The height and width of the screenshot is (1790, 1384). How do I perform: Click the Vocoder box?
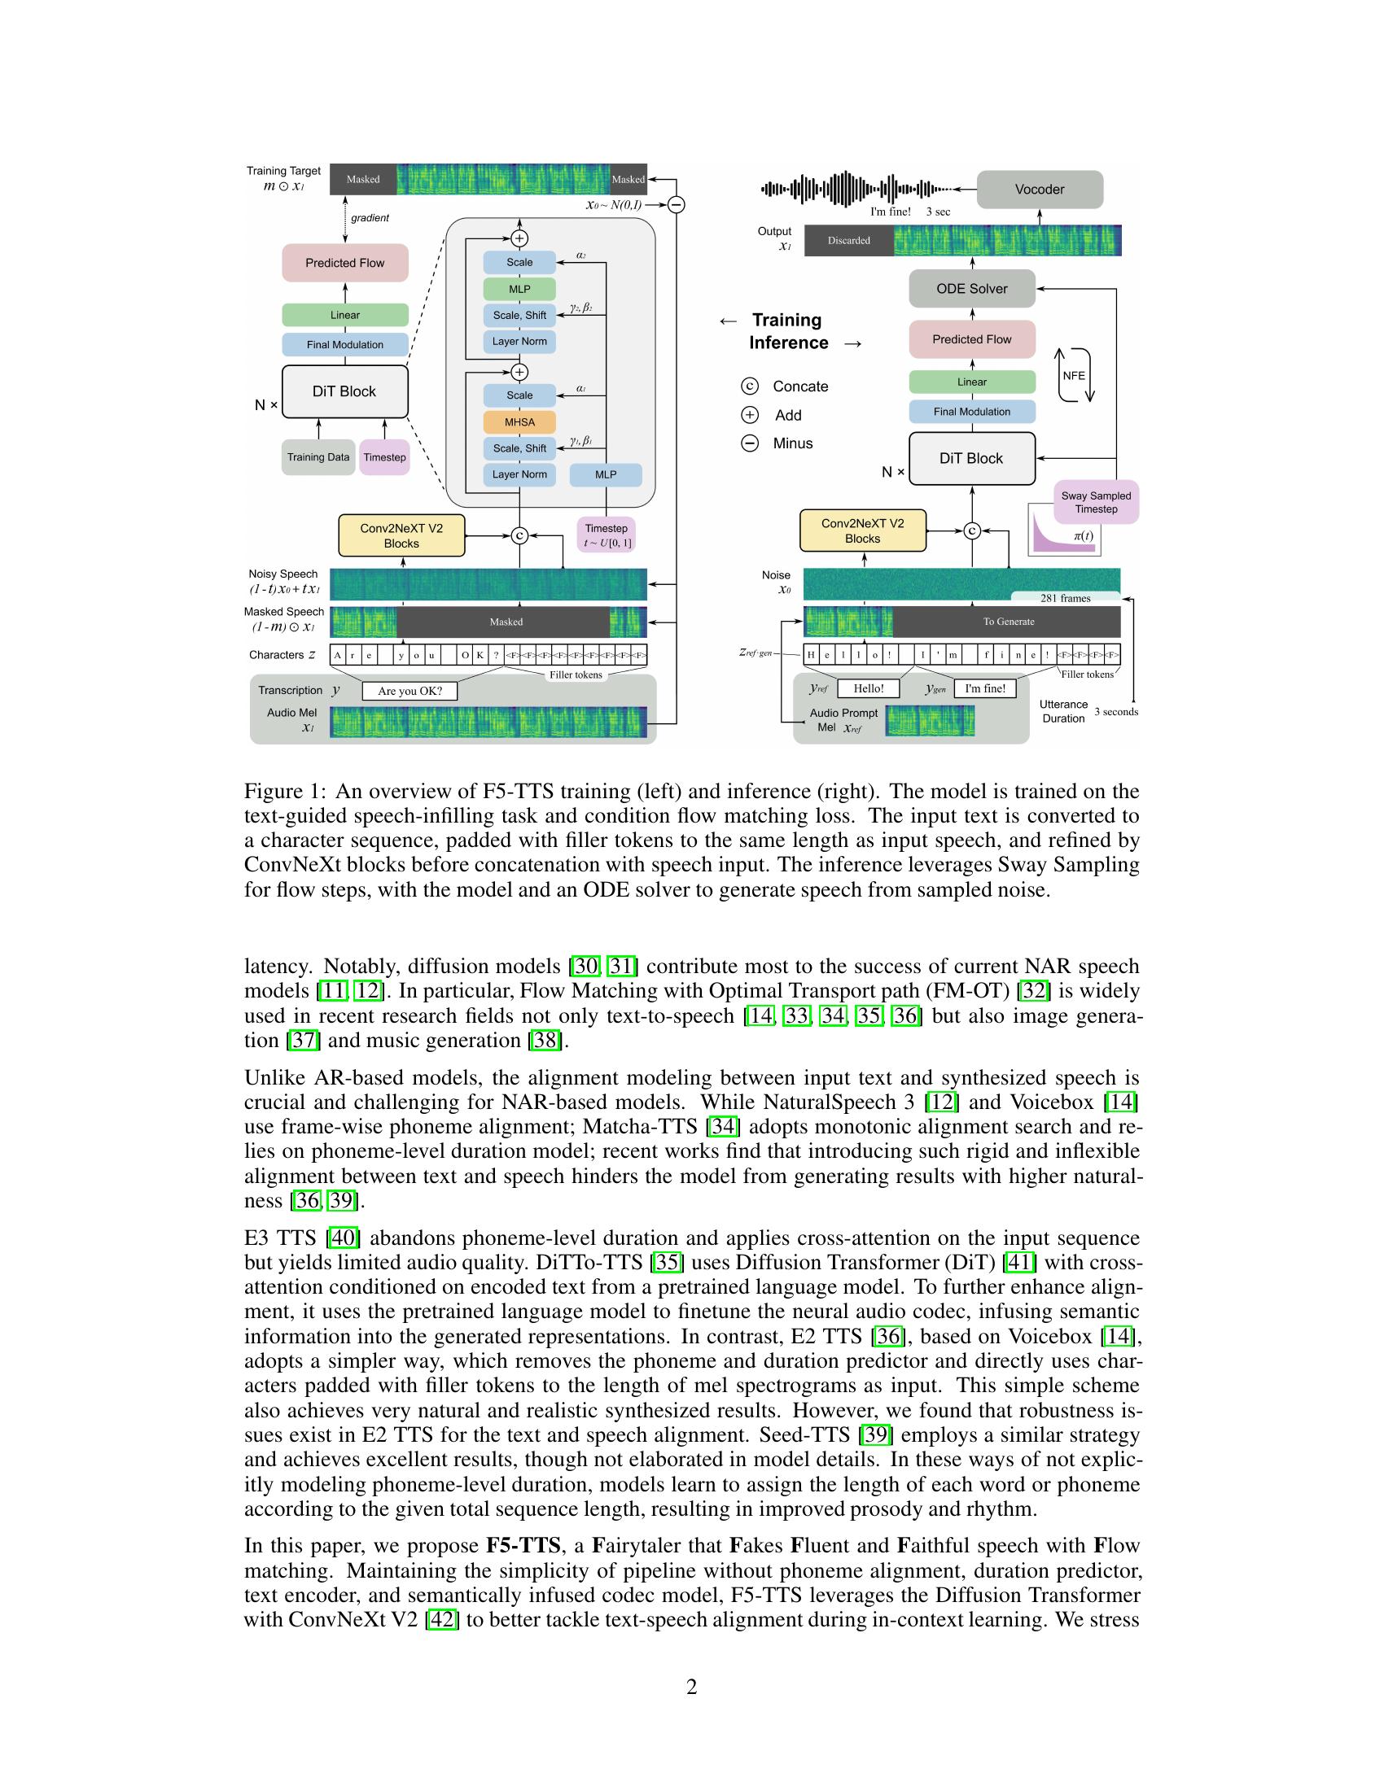tap(1040, 190)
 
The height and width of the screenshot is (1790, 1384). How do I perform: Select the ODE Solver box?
tap(971, 289)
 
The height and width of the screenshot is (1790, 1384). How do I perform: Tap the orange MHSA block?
tap(519, 422)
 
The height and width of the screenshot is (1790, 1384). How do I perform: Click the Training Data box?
tap(318, 457)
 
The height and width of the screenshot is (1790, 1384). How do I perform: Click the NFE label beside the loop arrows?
tap(1074, 375)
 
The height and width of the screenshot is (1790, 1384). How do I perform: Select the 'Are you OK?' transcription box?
tap(410, 691)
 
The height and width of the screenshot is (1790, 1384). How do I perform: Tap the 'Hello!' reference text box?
tap(869, 688)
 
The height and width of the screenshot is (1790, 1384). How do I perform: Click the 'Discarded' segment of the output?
tap(848, 241)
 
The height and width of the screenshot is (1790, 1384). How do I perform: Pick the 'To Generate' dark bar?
tap(1007, 622)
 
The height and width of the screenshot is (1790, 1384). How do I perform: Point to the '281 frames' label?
tap(1065, 598)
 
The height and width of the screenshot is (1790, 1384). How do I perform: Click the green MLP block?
tap(519, 290)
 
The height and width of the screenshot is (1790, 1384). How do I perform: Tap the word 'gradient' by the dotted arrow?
tap(370, 218)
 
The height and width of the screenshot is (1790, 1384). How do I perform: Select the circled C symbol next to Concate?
tap(749, 386)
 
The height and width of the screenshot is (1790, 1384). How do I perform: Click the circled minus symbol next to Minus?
tap(749, 443)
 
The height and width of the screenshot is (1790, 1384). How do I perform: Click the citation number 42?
tap(442, 1619)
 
